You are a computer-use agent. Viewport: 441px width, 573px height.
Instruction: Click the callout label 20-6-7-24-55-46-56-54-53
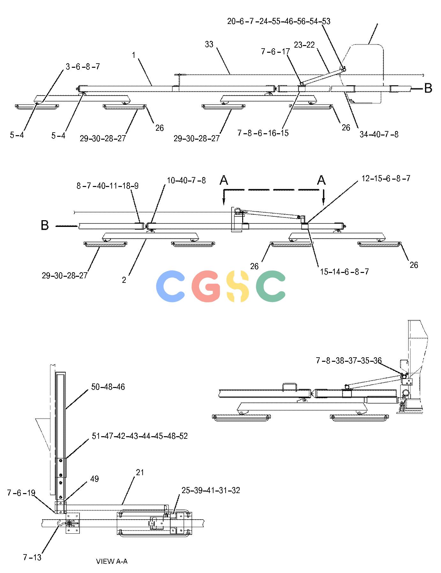pos(279,21)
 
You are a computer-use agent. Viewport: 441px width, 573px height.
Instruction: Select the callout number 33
pos(209,44)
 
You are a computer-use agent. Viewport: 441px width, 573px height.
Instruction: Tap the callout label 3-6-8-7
pos(83,66)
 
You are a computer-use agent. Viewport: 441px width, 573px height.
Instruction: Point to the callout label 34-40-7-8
pos(379,134)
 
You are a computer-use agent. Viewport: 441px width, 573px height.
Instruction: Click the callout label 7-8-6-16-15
pos(263,133)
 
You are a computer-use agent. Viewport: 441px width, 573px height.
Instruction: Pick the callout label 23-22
pos(304,45)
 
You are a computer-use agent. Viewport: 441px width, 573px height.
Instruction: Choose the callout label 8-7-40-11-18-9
pos(108,186)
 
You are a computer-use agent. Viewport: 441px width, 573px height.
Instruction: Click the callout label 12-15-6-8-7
pos(386,178)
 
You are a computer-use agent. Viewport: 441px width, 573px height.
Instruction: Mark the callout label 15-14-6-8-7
pos(345,272)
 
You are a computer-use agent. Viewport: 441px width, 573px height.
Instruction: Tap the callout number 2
pos(124,280)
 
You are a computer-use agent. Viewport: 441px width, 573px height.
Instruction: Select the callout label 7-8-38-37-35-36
pos(349,360)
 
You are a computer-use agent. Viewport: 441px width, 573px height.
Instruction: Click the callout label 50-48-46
pos(108,387)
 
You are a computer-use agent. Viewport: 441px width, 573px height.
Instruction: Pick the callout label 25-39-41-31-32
pos(211,490)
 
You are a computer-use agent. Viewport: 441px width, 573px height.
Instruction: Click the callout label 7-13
pos(32,557)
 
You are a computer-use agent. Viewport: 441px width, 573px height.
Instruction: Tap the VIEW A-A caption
pos(112,561)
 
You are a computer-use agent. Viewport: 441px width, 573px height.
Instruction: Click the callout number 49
pos(94,479)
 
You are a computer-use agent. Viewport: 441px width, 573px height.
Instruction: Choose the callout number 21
pos(140,472)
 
